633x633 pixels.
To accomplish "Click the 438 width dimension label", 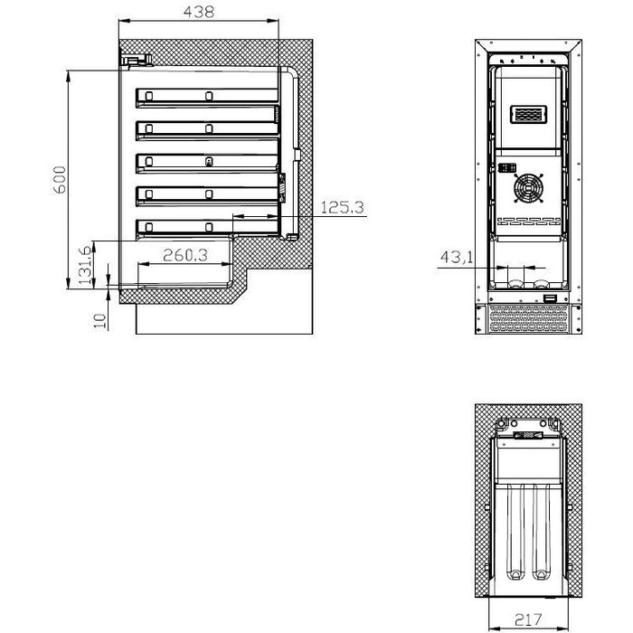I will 198,12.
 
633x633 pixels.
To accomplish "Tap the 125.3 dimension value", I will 342,208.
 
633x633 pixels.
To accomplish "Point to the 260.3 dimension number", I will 184,256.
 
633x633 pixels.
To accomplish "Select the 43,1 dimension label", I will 457,259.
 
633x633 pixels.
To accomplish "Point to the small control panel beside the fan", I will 505,168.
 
